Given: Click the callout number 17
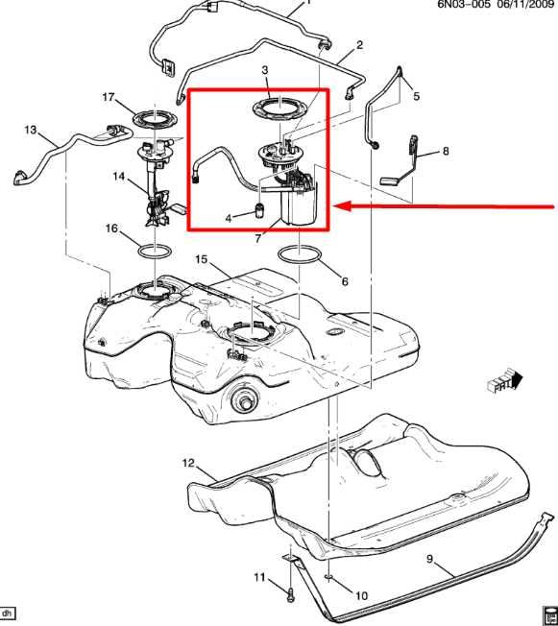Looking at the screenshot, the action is point(109,97).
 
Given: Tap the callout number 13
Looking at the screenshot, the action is point(31,130).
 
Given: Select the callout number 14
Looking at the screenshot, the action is point(119,176).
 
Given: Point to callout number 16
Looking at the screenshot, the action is point(111,229).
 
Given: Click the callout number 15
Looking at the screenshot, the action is point(202,259).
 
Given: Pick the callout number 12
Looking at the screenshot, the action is point(188,463).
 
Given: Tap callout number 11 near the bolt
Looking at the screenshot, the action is point(259,577).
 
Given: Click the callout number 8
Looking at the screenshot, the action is point(446,151).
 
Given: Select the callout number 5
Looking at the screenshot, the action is point(417,96).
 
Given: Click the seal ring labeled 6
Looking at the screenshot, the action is point(300,255).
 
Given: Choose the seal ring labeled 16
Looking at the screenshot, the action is point(155,252).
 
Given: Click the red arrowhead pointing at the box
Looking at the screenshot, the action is point(342,206).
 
